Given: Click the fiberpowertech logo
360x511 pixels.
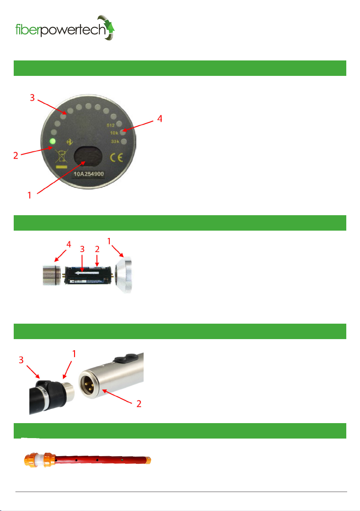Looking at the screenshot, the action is click(65, 28).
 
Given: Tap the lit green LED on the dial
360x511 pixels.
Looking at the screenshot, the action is click(52, 142).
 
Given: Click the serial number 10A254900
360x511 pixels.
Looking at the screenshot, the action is click(89, 174).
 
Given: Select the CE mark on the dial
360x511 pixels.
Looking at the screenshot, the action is click(116, 158).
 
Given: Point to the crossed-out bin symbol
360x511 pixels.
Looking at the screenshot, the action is click(62, 156).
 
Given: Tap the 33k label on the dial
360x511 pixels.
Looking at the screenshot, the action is click(115, 141).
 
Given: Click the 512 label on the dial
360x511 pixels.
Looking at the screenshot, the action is click(111, 125).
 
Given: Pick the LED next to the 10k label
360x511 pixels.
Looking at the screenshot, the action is click(123, 132).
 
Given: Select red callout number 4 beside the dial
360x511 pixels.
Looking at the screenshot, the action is click(159, 119).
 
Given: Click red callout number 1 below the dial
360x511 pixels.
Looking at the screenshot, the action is click(29, 195).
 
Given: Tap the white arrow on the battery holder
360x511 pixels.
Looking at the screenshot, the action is click(87, 273).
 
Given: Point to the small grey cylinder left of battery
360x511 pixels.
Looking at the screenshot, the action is click(51, 275).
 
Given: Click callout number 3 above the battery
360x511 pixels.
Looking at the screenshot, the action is click(82, 249).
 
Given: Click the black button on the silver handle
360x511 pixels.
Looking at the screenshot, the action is click(126, 358).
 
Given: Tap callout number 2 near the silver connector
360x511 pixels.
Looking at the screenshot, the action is click(139, 404).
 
